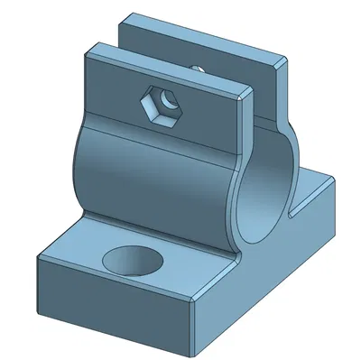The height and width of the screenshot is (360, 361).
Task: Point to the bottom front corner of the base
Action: click(194, 347)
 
